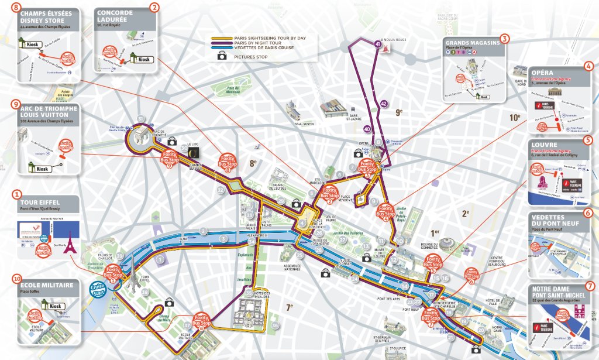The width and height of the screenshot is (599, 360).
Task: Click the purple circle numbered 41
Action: point(377,44)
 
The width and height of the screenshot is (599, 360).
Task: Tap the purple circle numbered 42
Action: point(383,104)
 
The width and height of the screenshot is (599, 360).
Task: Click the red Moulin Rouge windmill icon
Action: point(385,49)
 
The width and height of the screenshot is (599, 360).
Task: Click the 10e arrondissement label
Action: point(514,117)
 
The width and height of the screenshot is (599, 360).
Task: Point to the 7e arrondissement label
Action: point(290,307)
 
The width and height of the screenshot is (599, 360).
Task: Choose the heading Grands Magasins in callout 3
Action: point(472,43)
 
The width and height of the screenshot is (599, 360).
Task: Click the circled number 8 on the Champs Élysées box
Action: point(15,7)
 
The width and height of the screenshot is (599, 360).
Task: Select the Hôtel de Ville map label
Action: point(490,302)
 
